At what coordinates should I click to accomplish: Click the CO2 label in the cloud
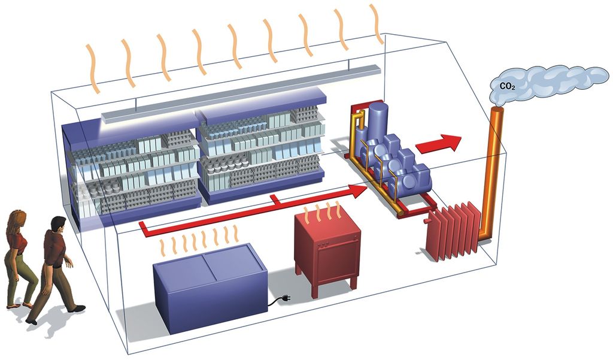[x=508, y=86]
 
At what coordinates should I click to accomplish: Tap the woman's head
[x=18, y=220]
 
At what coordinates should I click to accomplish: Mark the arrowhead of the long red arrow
[x=358, y=191]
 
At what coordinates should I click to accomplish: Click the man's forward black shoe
[x=77, y=308]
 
